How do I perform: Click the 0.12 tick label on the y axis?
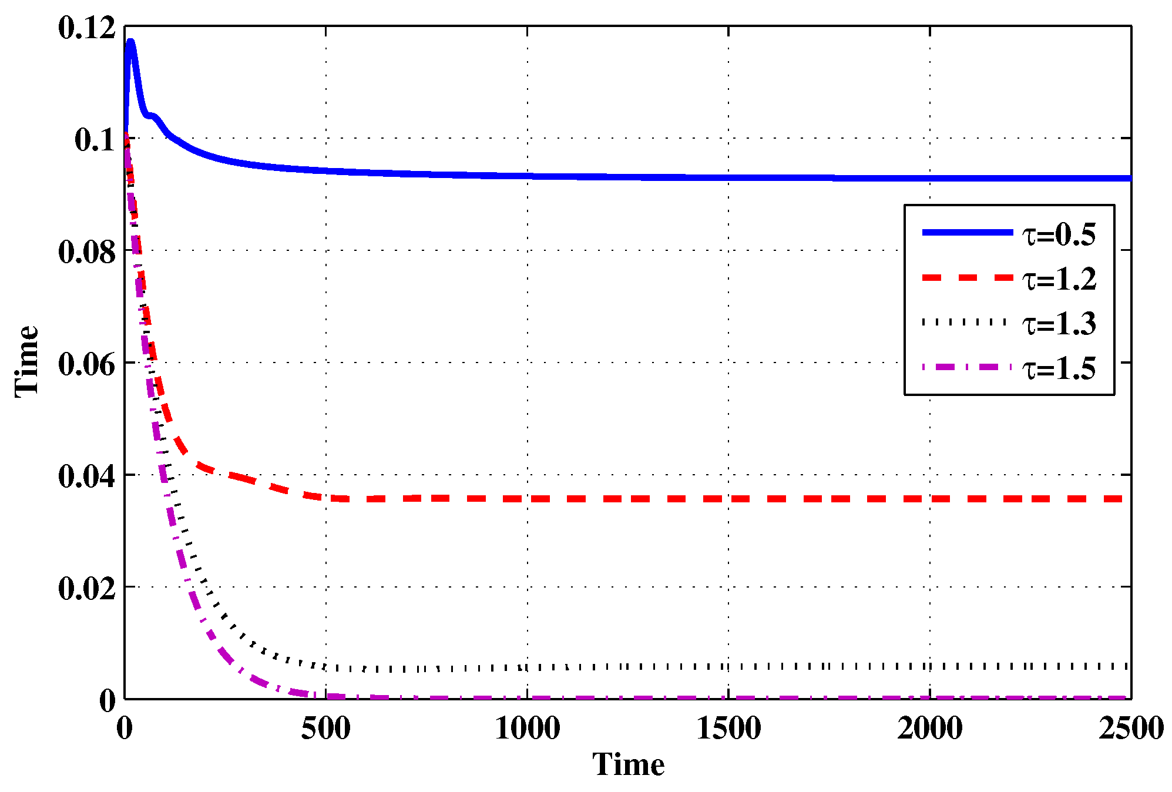pyautogui.click(x=87, y=28)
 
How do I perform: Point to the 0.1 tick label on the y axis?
pyautogui.click(x=96, y=140)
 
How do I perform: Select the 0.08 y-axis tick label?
pyautogui.click(x=87, y=253)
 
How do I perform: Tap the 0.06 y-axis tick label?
pyautogui.click(x=87, y=365)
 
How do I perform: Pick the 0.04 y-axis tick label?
pyautogui.click(x=87, y=476)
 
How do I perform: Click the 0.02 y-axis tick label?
pyautogui.click(x=87, y=589)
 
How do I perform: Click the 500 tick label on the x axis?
pyautogui.click(x=325, y=729)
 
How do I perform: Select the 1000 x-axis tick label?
pyautogui.click(x=527, y=729)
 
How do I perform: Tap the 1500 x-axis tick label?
pyautogui.click(x=728, y=729)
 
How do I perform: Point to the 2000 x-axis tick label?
pyautogui.click(x=929, y=729)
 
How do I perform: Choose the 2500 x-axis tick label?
pyautogui.click(x=1131, y=729)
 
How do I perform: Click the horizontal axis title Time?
pyautogui.click(x=628, y=766)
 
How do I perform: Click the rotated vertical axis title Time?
pyautogui.click(x=27, y=362)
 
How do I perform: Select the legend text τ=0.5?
pyautogui.click(x=1059, y=235)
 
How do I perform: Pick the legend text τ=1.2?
pyautogui.click(x=1059, y=279)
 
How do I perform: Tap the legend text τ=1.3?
pyautogui.click(x=1059, y=324)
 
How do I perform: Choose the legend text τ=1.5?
pyautogui.click(x=1059, y=369)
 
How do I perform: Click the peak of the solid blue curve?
pyautogui.click(x=130, y=42)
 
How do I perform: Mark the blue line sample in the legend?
pyautogui.click(x=967, y=233)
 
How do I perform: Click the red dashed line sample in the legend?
pyautogui.click(x=967, y=277)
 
